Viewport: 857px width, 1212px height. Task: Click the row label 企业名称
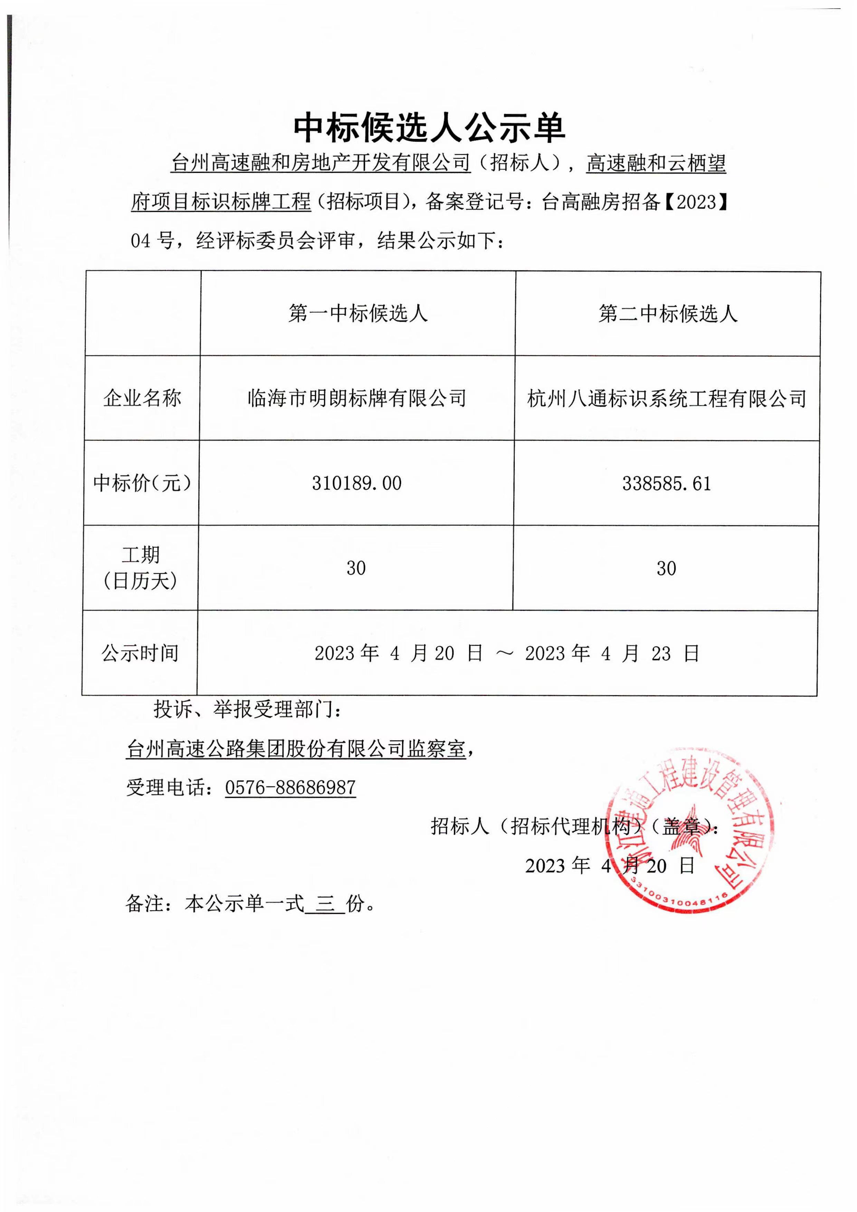point(142,398)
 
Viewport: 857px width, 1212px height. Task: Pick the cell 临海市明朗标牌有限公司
point(357,398)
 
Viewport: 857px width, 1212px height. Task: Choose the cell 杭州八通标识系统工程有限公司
point(666,398)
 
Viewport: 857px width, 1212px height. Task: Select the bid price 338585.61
point(666,484)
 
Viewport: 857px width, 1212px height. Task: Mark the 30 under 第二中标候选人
point(666,569)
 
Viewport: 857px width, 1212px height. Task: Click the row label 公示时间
point(140,653)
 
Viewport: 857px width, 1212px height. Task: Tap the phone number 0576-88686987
point(290,787)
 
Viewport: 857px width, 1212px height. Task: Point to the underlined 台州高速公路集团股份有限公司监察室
point(296,748)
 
